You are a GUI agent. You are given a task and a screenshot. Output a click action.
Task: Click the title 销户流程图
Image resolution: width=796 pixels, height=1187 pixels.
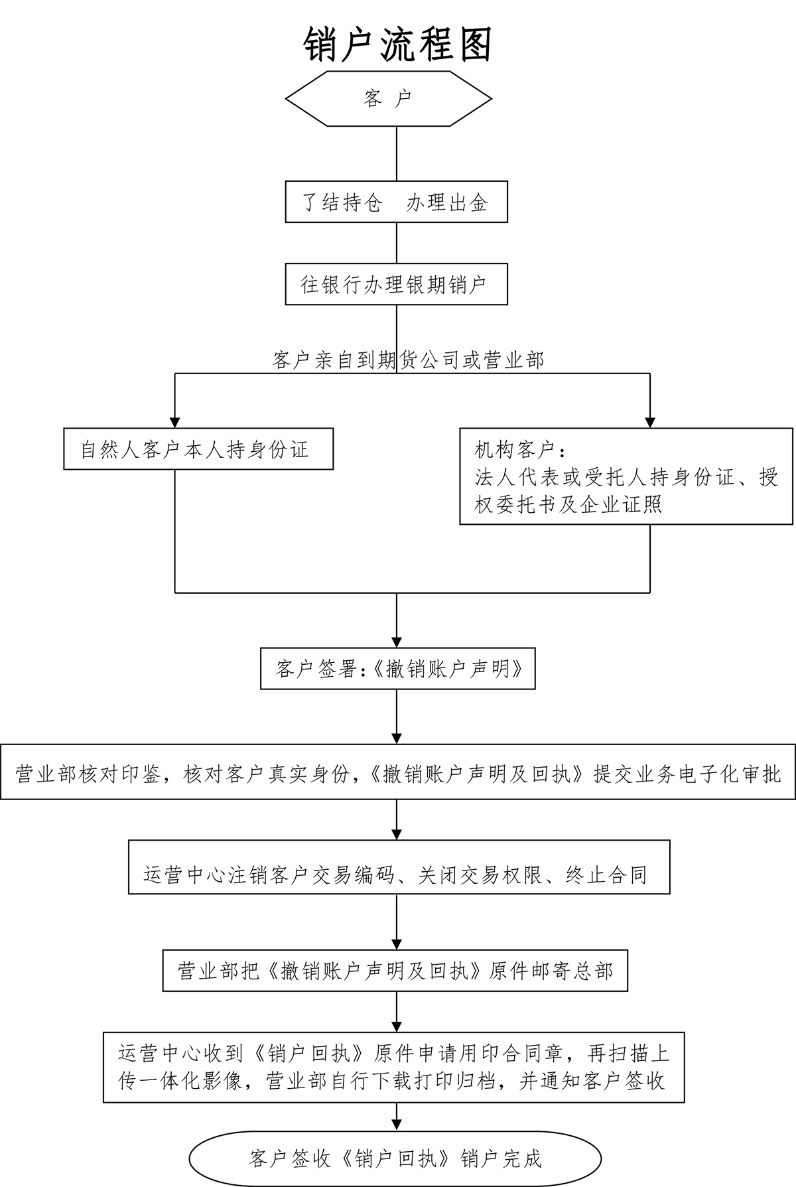coord(397,46)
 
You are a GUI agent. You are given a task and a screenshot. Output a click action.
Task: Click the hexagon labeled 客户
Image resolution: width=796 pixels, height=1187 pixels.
coord(389,99)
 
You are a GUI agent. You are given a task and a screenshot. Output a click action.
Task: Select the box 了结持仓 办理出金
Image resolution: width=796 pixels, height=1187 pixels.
coord(396,202)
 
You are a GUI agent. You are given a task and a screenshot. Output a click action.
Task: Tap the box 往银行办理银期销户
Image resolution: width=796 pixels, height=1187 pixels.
coord(396,285)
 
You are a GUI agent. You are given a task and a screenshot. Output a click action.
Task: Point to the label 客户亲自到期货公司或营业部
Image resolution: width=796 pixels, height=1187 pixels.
coord(407,360)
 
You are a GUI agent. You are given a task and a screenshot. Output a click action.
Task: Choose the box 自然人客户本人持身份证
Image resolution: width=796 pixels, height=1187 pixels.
coord(198,450)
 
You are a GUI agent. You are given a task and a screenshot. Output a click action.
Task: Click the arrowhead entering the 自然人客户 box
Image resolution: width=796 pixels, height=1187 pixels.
coord(175,421)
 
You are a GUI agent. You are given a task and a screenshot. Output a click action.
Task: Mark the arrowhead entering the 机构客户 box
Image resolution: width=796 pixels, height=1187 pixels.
coord(650,421)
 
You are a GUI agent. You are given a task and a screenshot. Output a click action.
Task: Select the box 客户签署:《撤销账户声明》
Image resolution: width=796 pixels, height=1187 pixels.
coord(397,668)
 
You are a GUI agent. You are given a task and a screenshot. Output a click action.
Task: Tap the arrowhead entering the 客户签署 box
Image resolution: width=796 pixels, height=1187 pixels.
coord(397,641)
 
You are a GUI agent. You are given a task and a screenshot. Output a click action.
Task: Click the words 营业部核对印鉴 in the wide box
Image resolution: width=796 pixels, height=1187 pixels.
coord(86,774)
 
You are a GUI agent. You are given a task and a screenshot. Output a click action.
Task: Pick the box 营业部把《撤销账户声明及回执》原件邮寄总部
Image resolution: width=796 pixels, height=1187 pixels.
coord(395,971)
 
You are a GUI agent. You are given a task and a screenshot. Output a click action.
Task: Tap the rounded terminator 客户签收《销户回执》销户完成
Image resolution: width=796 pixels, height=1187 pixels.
coord(395,1158)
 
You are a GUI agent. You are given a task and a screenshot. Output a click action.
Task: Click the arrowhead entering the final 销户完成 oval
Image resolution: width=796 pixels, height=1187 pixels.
coord(397,1125)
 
